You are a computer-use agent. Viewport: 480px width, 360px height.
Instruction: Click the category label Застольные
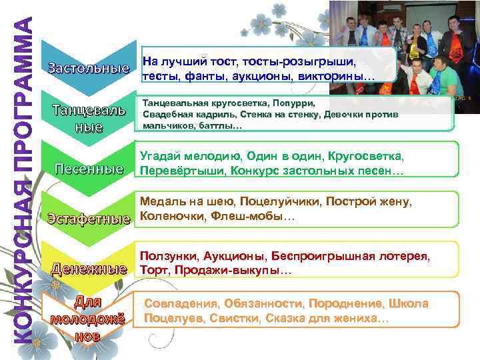(x=88, y=68)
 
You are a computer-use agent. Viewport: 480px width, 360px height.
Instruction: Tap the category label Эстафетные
(x=88, y=218)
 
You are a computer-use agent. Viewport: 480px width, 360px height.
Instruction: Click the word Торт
(x=150, y=271)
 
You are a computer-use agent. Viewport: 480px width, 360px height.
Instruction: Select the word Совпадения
(x=180, y=304)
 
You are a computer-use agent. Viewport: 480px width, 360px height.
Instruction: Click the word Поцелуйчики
(x=283, y=201)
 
